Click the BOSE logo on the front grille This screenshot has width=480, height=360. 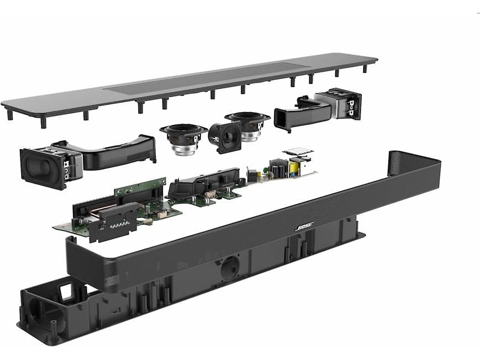[304, 227]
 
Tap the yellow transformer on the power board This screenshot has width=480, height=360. [293, 167]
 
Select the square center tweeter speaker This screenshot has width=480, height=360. [225, 137]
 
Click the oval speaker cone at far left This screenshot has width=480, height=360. [38, 167]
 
